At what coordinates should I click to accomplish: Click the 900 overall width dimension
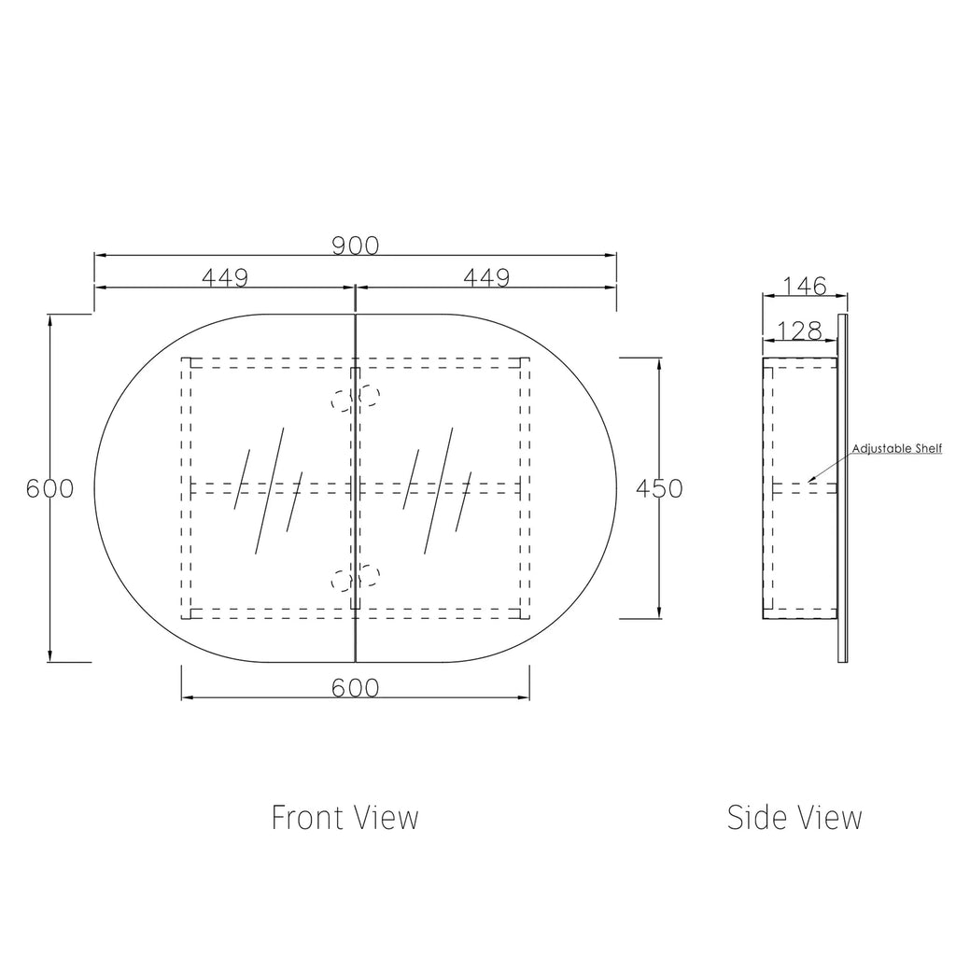[356, 246]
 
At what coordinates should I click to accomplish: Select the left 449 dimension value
[225, 278]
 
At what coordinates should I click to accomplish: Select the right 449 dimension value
[486, 278]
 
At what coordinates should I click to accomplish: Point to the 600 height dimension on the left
[50, 488]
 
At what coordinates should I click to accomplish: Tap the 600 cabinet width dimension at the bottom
[356, 688]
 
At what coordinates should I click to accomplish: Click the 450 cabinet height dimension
[659, 488]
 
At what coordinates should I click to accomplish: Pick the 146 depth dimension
[805, 286]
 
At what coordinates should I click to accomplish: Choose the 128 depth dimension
[800, 331]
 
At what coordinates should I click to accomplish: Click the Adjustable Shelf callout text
[897, 449]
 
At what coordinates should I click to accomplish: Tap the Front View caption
[345, 818]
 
